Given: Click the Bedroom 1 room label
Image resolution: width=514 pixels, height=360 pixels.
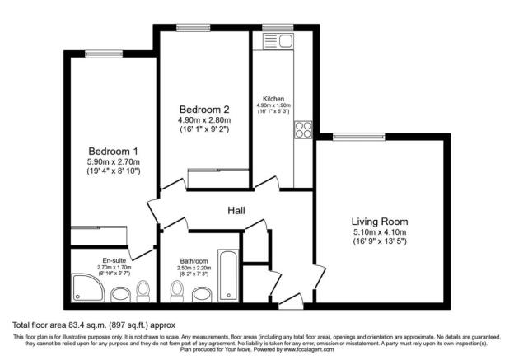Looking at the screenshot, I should point(114,152).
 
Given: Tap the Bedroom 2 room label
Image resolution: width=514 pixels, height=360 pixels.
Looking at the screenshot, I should point(204,109).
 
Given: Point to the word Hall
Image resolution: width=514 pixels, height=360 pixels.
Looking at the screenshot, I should point(236,212).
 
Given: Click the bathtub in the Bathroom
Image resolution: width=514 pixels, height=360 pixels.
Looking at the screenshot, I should point(227,275).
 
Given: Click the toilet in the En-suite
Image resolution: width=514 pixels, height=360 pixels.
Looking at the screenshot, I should point(143,289).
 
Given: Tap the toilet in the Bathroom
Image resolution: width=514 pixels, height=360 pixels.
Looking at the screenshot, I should point(176,290).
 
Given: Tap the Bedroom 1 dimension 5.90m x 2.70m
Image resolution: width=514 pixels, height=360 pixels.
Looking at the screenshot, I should point(114,162).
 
